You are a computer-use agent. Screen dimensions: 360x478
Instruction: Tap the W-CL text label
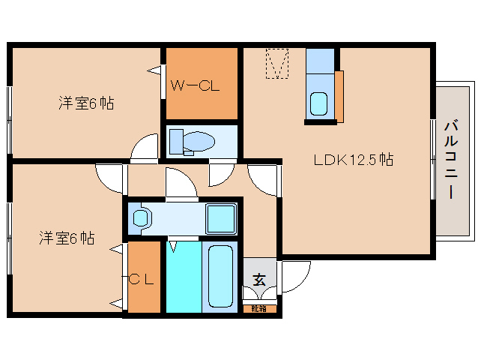[194, 85]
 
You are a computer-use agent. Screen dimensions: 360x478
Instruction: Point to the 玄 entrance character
[259, 280]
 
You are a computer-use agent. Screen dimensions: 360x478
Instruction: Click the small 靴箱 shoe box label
[259, 308]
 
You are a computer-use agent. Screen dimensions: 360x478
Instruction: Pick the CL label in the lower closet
[142, 280]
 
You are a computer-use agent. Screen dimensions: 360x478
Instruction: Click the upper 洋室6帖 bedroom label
[86, 103]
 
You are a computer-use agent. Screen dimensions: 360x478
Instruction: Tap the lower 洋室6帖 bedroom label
[67, 238]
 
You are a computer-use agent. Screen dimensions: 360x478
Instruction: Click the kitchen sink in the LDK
[320, 103]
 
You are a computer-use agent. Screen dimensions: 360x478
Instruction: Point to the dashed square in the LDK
[277, 63]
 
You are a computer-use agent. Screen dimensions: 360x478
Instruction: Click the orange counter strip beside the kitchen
[339, 95]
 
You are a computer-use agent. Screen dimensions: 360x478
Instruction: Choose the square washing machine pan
[221, 218]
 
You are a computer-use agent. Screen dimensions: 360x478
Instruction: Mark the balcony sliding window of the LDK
[433, 158]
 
